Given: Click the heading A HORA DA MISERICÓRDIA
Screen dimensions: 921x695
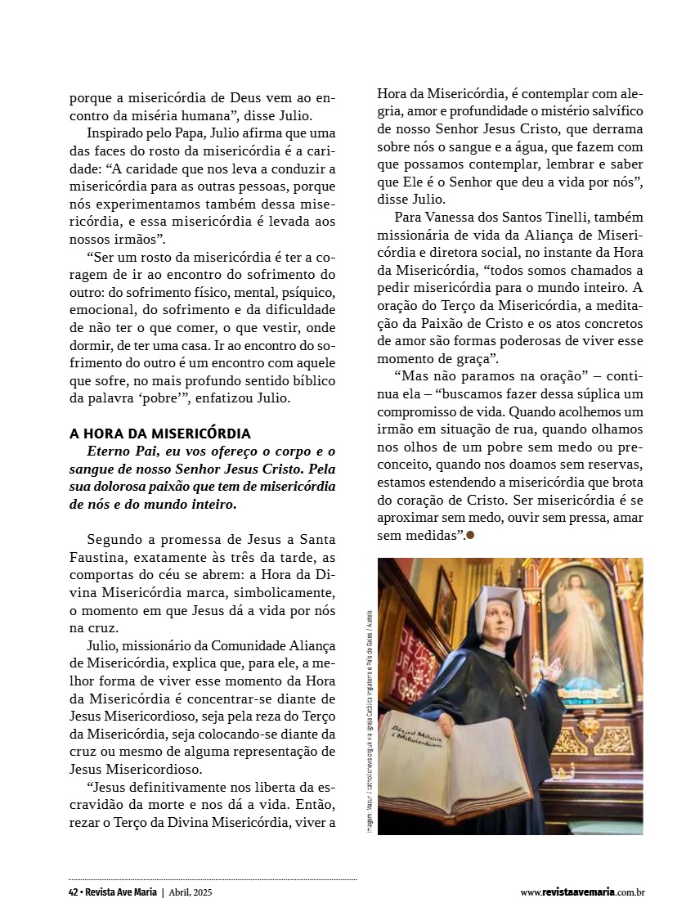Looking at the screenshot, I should [x=160, y=433].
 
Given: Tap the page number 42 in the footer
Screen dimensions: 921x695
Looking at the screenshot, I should [x=74, y=892].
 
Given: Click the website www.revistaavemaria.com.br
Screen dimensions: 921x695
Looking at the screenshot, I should [x=583, y=892].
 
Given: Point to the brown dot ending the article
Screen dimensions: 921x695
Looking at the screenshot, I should [x=470, y=536].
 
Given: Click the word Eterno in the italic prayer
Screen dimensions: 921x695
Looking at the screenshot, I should [x=110, y=451].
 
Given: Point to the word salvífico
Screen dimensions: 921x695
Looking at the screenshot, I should [x=612, y=110].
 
